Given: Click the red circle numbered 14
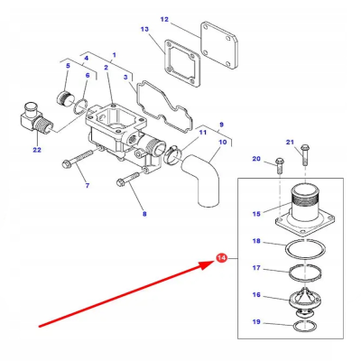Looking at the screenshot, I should [x=222, y=259].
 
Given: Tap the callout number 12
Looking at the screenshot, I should [x=164, y=19].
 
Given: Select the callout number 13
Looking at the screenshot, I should [x=145, y=30].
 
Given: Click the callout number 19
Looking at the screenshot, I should [x=255, y=321].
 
